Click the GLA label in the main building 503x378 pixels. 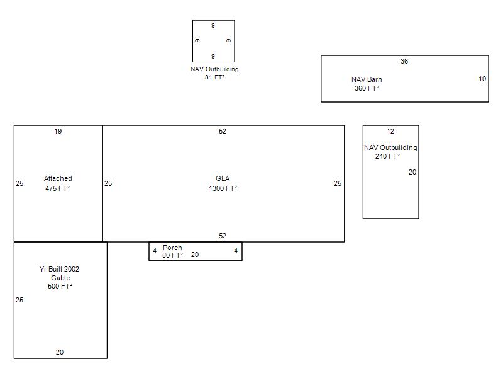tap(223, 178)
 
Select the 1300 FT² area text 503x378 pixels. tap(223, 188)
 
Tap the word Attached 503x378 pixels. tap(58, 178)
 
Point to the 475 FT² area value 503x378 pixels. tap(57, 188)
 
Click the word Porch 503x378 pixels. tap(172, 248)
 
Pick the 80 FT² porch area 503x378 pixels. tap(172, 255)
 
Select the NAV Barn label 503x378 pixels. tap(367, 79)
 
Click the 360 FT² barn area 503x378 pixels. tap(367, 88)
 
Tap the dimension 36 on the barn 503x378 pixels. tap(404, 61)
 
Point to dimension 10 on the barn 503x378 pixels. tap(482, 79)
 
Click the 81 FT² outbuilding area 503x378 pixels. tap(214, 77)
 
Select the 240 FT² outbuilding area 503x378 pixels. tap(387, 156)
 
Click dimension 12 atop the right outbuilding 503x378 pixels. tap(390, 131)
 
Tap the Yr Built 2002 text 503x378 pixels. tap(59, 269)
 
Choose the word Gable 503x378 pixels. tap(60, 278)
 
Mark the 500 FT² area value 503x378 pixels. tap(60, 286)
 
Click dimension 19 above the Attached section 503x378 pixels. tap(58, 131)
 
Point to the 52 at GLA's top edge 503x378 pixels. tap(223, 131)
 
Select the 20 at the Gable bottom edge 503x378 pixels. tap(60, 352)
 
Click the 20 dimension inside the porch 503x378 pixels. tap(195, 255)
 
